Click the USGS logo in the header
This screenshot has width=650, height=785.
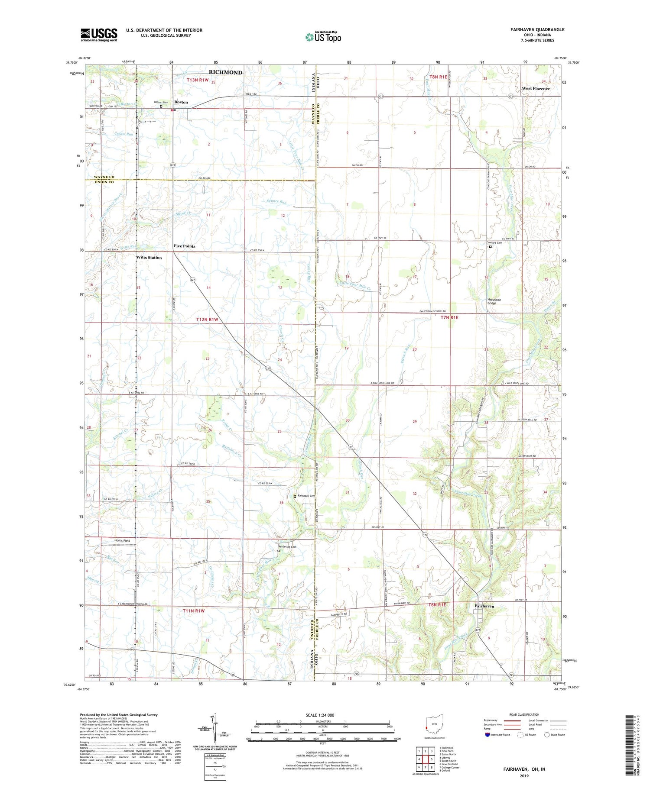pos(99,35)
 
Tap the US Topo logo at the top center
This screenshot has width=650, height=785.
pos(323,37)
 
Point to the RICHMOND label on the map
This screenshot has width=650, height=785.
pos(225,72)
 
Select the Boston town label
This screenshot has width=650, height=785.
pos(181,102)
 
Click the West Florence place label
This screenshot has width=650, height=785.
pos(536,88)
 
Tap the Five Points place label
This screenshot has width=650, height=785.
pos(185,246)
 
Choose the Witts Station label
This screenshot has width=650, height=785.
pos(149,258)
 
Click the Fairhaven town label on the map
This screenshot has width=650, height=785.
pos(484,606)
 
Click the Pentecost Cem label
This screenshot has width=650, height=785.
pos(287,546)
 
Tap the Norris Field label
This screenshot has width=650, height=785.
pos(122,540)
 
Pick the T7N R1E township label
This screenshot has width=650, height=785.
pos(449,317)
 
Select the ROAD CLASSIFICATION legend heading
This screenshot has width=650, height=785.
pos(524,714)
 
